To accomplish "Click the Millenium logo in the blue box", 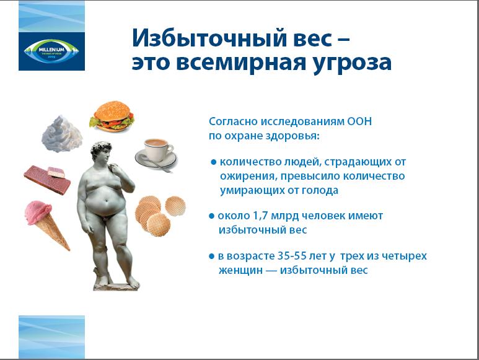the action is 51,51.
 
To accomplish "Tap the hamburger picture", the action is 112,116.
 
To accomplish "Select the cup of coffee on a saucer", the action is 156,154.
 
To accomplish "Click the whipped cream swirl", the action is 62,134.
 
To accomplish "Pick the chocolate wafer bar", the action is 47,180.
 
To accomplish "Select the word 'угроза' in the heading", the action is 352,63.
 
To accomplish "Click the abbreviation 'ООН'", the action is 359,121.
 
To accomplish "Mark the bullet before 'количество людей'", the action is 214,162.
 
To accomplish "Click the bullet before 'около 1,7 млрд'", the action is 212,216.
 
